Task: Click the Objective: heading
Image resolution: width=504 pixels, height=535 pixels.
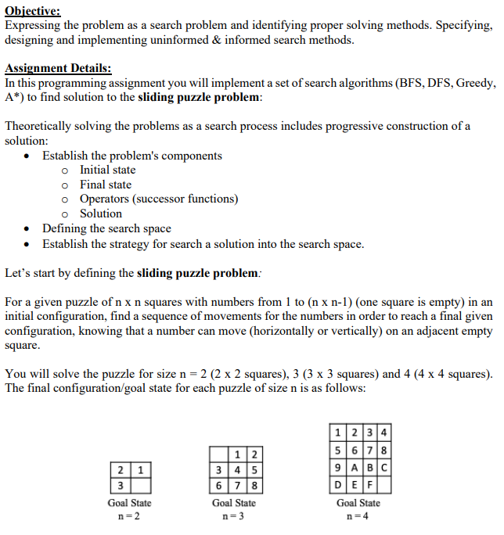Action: click(x=33, y=10)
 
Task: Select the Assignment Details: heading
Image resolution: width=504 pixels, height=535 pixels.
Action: click(x=58, y=69)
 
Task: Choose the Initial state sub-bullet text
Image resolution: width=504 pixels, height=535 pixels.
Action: click(x=107, y=170)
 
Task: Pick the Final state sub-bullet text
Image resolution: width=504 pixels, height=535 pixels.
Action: click(x=106, y=185)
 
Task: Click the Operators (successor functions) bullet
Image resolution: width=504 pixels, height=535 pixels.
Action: click(x=159, y=199)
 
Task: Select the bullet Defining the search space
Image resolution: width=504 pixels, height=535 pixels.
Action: click(x=106, y=228)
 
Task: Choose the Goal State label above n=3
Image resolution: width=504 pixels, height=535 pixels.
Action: click(x=234, y=503)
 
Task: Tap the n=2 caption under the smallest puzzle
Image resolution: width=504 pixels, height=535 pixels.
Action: click(x=129, y=516)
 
